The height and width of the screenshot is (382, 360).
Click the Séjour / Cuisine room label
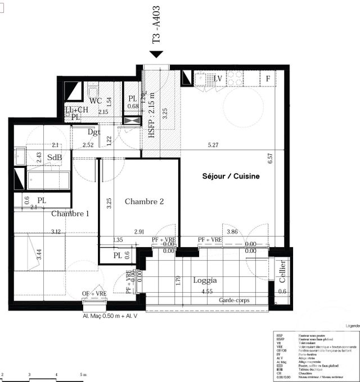231,176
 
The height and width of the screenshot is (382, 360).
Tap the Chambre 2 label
144,202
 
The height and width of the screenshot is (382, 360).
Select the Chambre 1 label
70,213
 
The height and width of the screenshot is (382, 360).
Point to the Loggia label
205,280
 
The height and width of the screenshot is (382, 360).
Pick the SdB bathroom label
55,157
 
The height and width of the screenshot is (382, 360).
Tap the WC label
96,101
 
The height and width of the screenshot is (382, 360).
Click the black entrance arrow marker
156,54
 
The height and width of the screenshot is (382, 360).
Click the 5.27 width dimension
213,145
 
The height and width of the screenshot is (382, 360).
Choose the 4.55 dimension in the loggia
206,292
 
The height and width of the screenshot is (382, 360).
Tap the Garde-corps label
235,301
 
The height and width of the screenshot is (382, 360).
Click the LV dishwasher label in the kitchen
218,78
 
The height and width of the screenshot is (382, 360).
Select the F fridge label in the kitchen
268,78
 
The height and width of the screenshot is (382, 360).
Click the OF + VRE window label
94,294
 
